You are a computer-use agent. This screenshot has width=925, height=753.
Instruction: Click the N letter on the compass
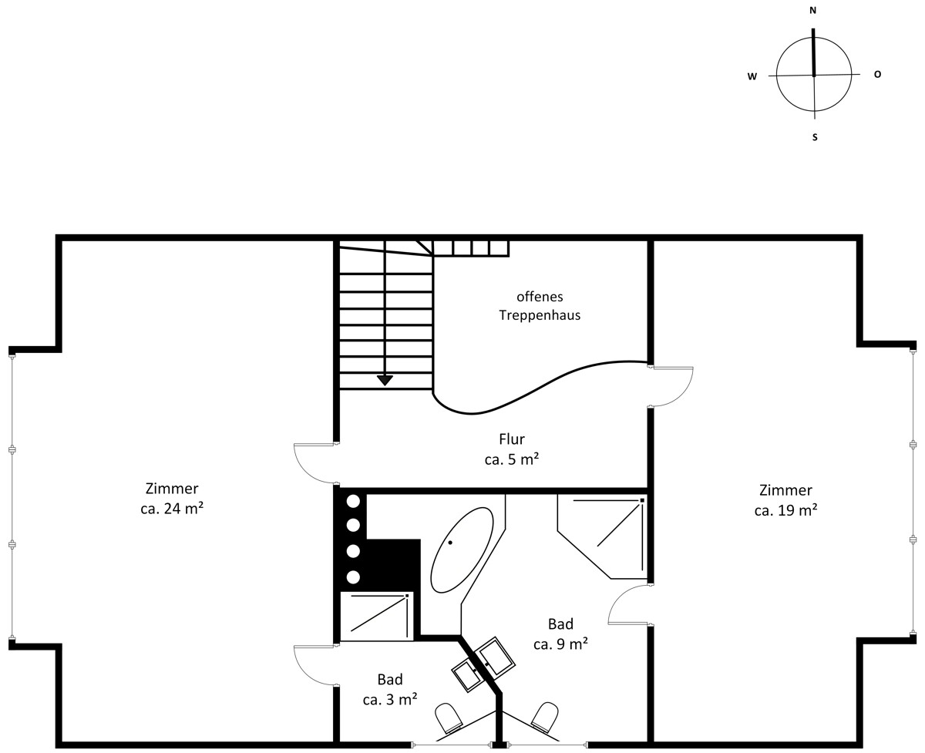pos(812,11)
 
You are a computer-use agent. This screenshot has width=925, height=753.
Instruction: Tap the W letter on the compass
pos(752,76)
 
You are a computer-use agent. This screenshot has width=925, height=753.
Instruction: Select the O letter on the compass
pos(877,74)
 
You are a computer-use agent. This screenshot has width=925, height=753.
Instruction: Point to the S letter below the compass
pos(815,137)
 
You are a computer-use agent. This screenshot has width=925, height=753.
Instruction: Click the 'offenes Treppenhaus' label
pos(540,306)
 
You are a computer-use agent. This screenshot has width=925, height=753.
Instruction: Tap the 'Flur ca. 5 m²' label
pos(512,449)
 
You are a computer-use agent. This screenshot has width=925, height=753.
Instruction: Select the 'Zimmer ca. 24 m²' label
pos(172,498)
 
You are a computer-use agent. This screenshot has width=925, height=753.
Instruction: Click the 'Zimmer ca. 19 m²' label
pos(785,500)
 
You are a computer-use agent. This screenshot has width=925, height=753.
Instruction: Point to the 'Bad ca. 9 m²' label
pos(560,634)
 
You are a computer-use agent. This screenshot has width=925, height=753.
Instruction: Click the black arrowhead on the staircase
pos(385,381)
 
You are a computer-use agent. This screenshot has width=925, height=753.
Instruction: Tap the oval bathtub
pos(462,550)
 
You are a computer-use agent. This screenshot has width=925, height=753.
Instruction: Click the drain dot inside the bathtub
pos(450,543)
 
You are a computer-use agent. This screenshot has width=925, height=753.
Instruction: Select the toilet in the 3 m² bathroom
pos(449,717)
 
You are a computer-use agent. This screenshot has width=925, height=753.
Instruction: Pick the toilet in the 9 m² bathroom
pos(546,716)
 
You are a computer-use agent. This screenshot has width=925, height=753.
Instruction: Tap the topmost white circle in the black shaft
pos(353,502)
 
